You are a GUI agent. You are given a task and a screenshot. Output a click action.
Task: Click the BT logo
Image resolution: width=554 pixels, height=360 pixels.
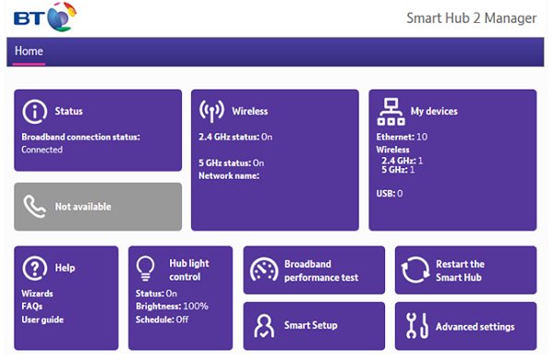coord(41,16)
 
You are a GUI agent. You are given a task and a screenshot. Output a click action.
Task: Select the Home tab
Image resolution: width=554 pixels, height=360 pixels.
coord(29,51)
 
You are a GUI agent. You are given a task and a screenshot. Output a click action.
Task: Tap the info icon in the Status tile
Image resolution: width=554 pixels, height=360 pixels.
coord(34,112)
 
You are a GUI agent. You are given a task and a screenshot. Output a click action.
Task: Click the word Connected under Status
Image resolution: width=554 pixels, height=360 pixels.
coord(42,150)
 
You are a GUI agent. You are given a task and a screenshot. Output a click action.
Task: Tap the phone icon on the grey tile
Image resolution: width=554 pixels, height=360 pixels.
coord(33,207)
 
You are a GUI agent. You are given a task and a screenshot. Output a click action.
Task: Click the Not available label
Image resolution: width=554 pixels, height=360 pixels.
coord(83,207)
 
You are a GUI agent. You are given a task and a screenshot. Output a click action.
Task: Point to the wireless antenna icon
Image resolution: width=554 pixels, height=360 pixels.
coord(212,111)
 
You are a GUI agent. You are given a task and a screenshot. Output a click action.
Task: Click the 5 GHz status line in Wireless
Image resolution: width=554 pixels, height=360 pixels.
coord(231,162)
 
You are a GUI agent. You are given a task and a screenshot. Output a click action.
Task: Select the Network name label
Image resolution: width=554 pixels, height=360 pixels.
coord(228,175)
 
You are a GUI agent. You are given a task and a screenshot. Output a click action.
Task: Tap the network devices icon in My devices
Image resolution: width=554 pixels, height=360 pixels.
coord(391,112)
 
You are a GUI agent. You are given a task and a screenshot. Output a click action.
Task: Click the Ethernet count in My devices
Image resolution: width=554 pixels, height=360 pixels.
coord(402,137)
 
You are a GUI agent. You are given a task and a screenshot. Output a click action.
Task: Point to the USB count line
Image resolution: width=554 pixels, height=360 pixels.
coord(390,194)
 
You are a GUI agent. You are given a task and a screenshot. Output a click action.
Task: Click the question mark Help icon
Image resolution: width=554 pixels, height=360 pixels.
coord(34,268)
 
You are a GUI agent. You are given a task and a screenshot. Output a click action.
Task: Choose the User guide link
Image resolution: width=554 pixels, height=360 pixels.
coord(42,318)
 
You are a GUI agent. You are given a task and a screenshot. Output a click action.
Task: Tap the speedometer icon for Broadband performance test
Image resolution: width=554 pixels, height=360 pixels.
coord(263,270)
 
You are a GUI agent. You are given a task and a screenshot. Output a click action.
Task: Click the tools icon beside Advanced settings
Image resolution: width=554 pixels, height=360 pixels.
coord(415,326)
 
